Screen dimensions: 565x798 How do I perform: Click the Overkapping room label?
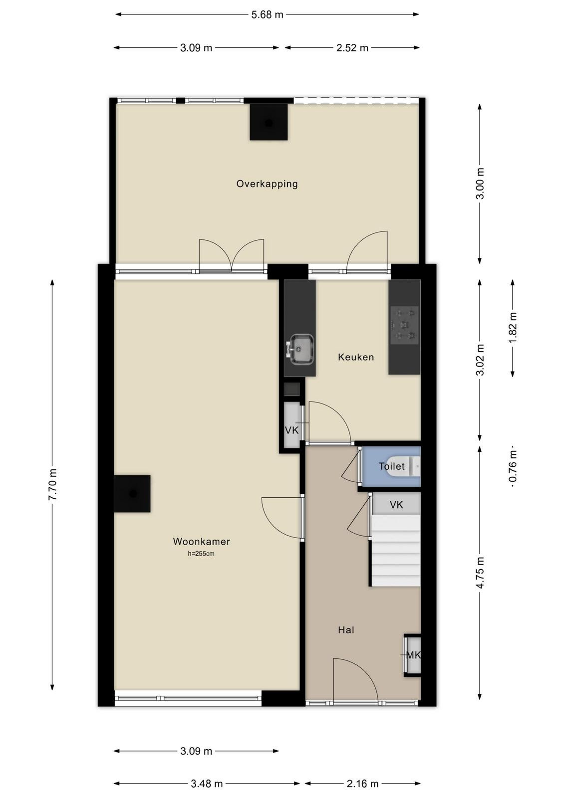click(267, 184)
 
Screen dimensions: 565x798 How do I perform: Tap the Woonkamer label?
click(202, 542)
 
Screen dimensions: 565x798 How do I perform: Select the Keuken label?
click(356, 357)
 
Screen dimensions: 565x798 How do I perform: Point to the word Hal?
click(346, 630)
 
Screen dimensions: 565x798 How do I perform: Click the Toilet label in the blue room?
click(392, 466)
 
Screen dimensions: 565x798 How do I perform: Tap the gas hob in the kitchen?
click(405, 325)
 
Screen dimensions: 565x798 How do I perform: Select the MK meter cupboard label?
click(413, 655)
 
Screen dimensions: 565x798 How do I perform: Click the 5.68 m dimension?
click(267, 14)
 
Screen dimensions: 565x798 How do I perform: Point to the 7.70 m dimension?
click(52, 484)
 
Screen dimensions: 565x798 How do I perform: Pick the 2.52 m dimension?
click(352, 48)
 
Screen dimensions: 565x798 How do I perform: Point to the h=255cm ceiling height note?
click(202, 554)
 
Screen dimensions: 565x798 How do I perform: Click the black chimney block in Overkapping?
click(269, 122)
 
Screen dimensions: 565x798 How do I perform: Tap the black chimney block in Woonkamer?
click(132, 493)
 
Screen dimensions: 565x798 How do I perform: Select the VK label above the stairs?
click(396, 504)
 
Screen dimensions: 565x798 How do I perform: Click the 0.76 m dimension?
click(513, 466)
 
